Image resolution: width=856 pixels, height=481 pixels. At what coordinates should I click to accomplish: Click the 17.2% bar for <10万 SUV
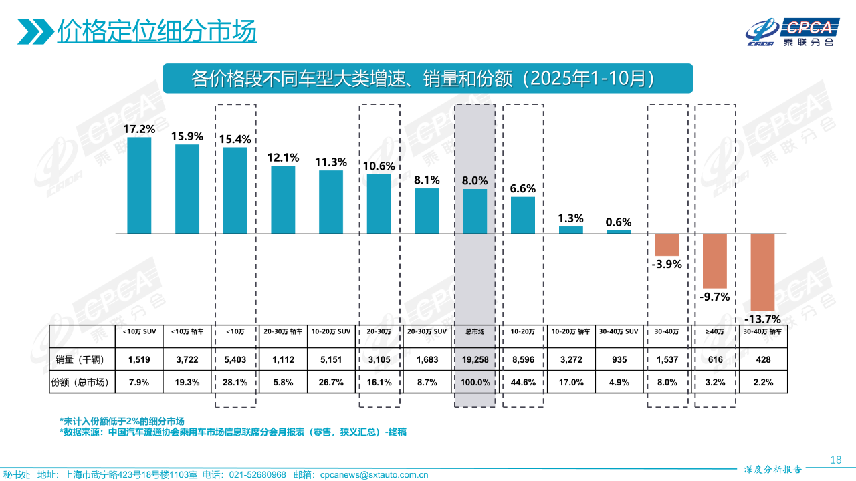139,185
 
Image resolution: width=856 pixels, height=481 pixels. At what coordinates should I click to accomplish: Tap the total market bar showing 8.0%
475,211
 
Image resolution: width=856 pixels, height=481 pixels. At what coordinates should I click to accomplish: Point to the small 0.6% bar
619,232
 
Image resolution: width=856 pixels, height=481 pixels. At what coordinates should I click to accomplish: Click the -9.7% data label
714,297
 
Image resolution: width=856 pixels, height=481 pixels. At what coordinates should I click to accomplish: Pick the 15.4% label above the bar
235,139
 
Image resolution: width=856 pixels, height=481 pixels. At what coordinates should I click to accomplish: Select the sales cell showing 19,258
475,360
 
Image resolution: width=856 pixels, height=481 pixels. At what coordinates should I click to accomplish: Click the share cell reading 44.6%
522,383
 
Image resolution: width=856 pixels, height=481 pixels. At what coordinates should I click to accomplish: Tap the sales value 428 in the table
762,360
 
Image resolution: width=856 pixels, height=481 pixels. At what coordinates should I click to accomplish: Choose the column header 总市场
475,331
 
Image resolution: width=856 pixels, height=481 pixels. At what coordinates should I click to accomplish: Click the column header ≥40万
714,331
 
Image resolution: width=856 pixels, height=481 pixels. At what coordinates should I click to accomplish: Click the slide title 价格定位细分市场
156,31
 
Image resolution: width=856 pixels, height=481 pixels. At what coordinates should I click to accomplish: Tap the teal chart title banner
427,78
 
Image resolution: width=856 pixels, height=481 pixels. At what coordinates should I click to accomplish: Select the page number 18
835,460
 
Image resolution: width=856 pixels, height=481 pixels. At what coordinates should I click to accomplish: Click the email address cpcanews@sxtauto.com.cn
374,475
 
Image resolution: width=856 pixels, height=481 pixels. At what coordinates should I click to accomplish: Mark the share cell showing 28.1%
235,383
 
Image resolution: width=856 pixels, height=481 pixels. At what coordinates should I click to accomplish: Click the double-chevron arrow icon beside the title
35,31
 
